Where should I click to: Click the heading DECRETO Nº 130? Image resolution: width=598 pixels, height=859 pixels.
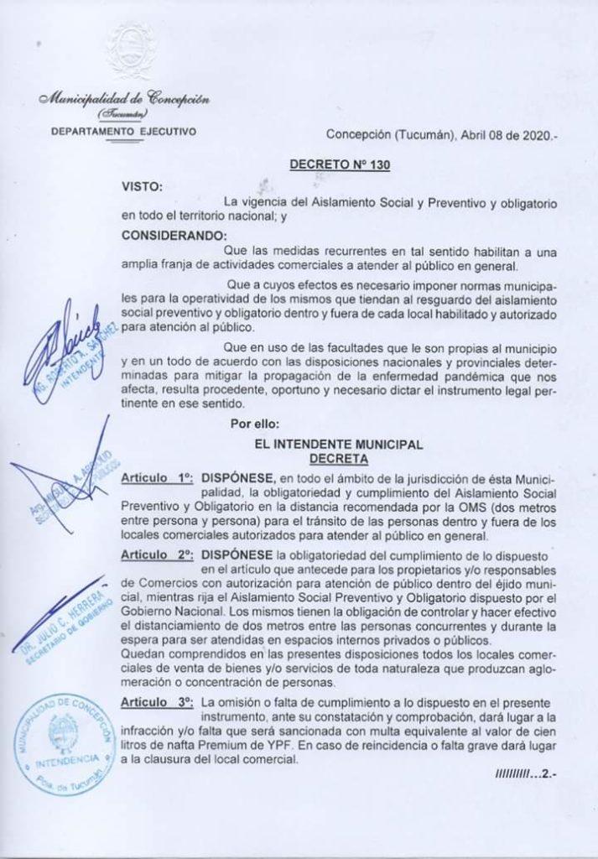point(339,166)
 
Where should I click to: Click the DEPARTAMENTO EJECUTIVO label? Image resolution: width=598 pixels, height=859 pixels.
point(123,132)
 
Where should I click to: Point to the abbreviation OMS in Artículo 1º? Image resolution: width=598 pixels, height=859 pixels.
point(453,508)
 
